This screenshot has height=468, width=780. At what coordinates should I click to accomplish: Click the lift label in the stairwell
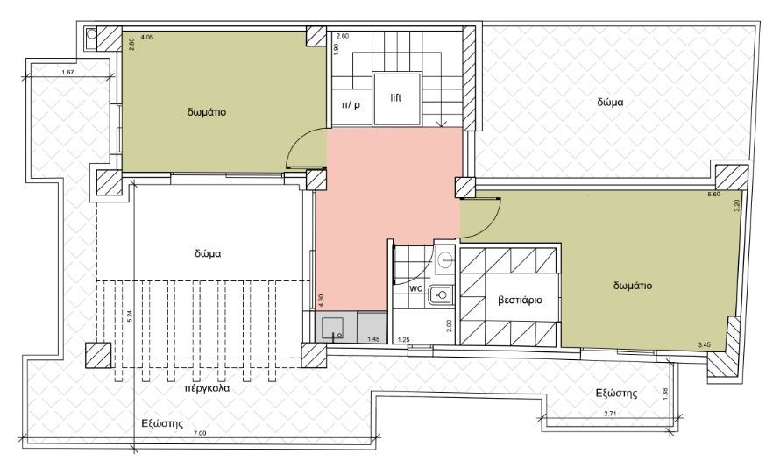(395, 97)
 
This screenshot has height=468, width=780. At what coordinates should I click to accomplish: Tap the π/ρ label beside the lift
(351, 105)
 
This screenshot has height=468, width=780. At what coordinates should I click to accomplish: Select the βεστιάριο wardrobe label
(520, 301)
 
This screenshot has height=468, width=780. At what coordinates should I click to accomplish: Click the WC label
(416, 288)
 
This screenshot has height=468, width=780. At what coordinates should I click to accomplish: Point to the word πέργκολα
(207, 388)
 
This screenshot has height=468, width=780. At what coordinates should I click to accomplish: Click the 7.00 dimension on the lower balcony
(200, 433)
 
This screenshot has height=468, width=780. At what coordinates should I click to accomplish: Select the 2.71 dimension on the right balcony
(610, 413)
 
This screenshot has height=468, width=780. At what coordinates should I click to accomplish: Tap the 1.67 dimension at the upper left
(67, 73)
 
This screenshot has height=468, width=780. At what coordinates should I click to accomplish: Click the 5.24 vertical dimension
(131, 316)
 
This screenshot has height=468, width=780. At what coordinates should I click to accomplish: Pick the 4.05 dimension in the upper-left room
(146, 37)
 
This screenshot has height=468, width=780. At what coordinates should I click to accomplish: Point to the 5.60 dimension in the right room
(714, 195)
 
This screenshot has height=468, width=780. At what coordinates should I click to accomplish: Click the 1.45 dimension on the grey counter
(373, 339)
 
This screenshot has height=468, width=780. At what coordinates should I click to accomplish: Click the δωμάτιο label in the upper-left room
(207, 112)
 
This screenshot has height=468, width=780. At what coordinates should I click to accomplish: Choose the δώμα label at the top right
(610, 103)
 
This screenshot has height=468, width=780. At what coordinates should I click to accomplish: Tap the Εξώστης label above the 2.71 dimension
(617, 394)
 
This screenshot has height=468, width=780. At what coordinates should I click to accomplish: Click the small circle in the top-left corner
(91, 34)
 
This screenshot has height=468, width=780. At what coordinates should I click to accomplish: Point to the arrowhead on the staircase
(441, 124)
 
